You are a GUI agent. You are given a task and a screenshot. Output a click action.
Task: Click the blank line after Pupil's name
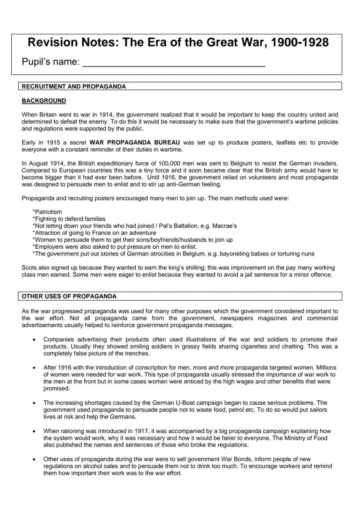click(x=174, y=63)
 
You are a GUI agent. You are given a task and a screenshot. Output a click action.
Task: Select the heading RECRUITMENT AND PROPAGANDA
click(x=74, y=86)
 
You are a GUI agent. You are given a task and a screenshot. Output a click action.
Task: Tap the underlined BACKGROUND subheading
click(x=44, y=101)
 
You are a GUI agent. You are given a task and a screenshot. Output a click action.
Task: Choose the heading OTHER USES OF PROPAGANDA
click(x=70, y=297)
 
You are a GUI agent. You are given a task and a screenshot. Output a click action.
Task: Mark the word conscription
click(x=144, y=368)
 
